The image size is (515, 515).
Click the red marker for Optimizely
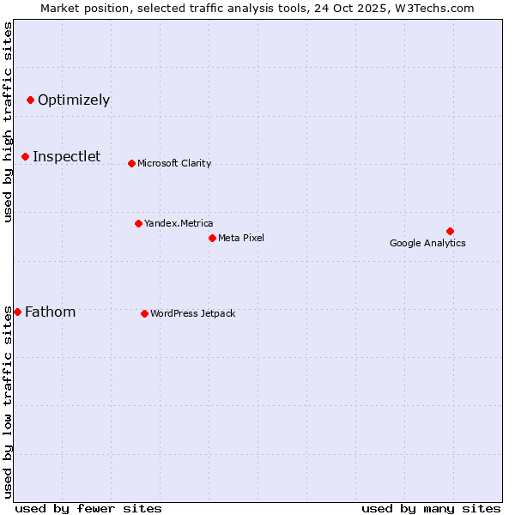point(30,100)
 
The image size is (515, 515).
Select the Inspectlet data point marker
point(26,156)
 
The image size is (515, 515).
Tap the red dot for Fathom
point(17,312)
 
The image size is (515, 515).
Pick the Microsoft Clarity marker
point(131,163)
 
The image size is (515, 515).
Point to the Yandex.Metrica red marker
point(138,223)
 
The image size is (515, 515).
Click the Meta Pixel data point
point(212,238)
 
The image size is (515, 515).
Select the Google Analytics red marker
point(450,231)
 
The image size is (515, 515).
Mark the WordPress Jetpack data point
point(144,313)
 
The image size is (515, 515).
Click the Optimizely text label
point(74,100)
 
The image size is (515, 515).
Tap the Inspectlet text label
point(67,156)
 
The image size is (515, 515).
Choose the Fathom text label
point(51,312)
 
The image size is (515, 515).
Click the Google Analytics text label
point(427,243)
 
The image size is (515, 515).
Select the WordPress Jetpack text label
point(192,313)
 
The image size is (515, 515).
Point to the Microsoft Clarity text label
point(174,163)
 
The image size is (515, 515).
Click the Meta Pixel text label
point(241,238)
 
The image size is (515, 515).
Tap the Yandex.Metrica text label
point(179,223)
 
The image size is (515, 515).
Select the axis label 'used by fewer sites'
point(88,508)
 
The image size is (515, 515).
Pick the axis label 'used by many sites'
point(431,508)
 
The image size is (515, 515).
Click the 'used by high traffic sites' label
point(8,122)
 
